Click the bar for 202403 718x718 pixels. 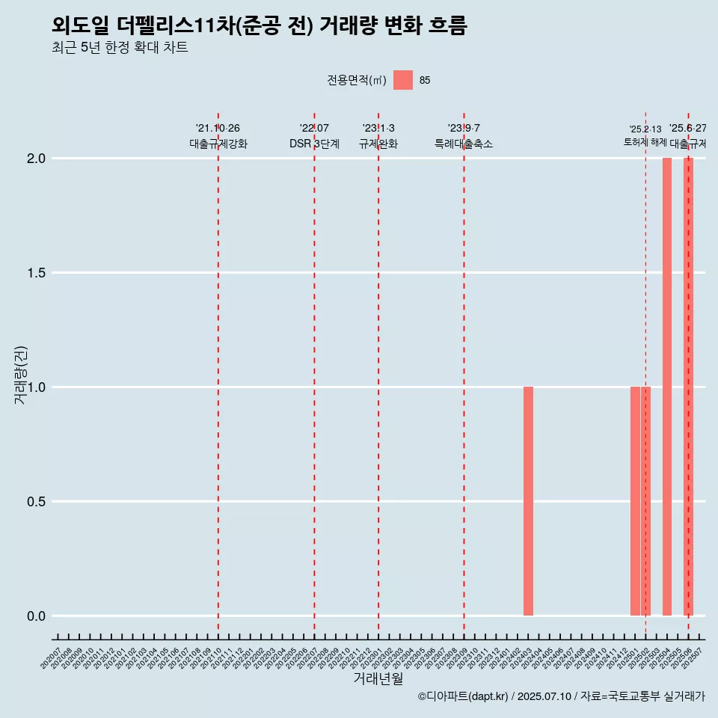[x=528, y=501]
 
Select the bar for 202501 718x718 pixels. [x=635, y=501]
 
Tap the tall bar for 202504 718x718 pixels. [x=667, y=387]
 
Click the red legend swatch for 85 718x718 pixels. [x=403, y=80]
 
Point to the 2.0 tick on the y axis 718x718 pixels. [x=37, y=159]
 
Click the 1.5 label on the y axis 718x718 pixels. [x=37, y=273]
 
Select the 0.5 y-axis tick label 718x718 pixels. [x=37, y=502]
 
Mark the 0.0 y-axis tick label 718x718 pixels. [x=37, y=616]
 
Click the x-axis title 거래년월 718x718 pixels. [x=378, y=679]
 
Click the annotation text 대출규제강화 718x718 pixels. [x=218, y=144]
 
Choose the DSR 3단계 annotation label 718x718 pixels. [x=314, y=144]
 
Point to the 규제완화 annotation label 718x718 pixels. [x=378, y=144]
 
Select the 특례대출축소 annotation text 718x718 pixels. [x=464, y=144]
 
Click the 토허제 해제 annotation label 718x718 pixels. [x=645, y=142]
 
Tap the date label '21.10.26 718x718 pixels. [x=218, y=129]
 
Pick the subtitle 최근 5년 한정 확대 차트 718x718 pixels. [x=120, y=48]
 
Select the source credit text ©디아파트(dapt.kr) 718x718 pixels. [x=464, y=696]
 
